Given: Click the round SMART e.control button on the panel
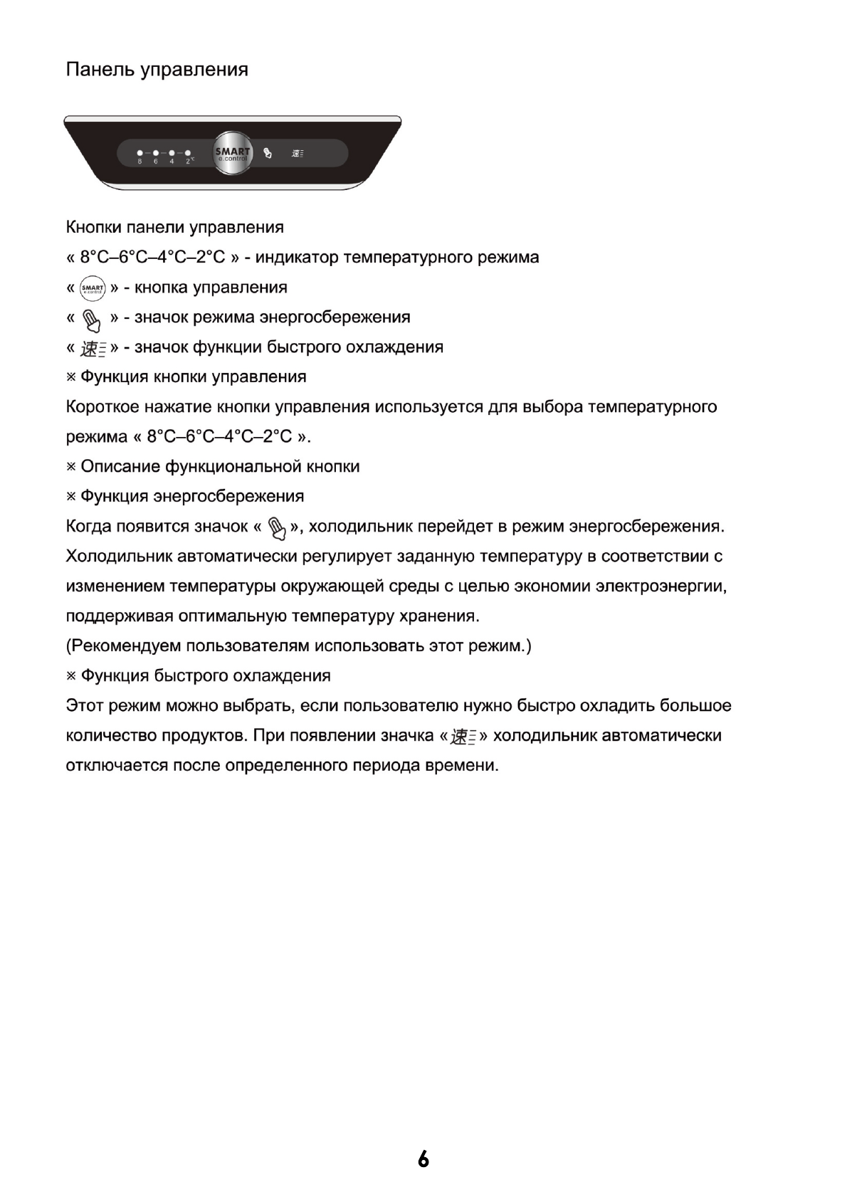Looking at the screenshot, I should tap(233, 152).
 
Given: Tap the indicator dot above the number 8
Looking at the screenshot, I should tap(140, 152).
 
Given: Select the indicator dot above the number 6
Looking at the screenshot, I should tap(155, 152).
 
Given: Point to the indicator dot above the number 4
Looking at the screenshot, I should tap(172, 152).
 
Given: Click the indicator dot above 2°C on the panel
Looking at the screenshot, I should tap(188, 152).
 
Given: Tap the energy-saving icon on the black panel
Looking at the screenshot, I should tap(268, 152).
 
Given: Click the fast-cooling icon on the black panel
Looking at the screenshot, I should tap(297, 153).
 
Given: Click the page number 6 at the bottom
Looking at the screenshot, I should tap(423, 1159).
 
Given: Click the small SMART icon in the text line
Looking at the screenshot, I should tap(93, 288).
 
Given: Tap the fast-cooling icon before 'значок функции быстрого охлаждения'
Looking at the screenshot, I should tap(93, 349).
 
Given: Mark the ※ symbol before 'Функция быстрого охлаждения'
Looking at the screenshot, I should tap(71, 676).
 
